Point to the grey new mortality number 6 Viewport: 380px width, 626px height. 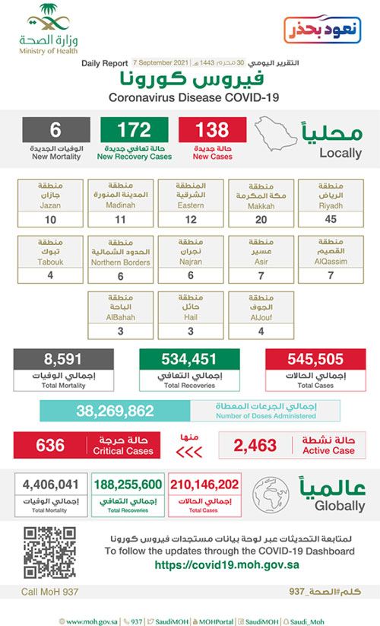[x=55, y=130]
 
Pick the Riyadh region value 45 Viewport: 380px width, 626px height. [x=330, y=219]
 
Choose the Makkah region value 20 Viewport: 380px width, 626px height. [x=260, y=219]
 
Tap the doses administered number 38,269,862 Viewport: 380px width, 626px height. [x=114, y=412]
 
